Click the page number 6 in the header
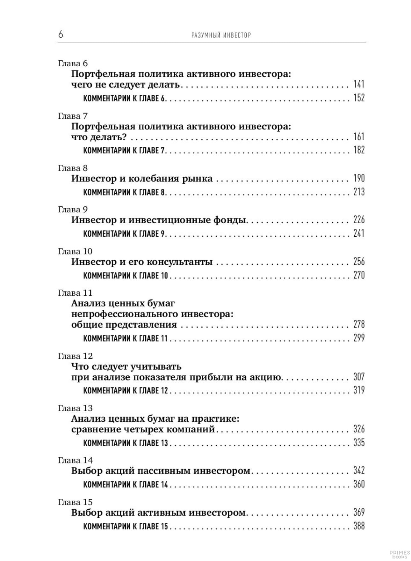[61, 34]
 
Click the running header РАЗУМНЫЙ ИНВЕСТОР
[221, 35]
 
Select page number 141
[359, 84]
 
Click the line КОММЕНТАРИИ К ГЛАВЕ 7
[125, 150]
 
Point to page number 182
[359, 150]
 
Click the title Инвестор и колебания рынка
[142, 178]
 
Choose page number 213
[359, 192]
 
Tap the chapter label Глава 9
[73, 210]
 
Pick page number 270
[359, 275]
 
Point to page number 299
[359, 338]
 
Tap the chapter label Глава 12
[75, 356]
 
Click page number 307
[359, 377]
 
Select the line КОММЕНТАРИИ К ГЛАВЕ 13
[126, 443]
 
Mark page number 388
[359, 526]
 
